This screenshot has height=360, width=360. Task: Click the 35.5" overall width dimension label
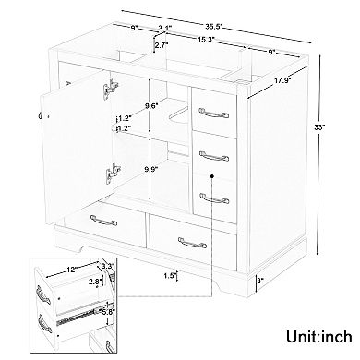click(x=214, y=27)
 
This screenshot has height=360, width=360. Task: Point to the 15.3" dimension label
click(x=206, y=40)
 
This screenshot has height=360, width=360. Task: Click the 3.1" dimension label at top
click(x=164, y=28)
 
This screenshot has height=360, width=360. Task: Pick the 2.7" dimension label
click(x=162, y=45)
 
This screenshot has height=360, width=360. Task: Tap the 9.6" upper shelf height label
click(x=151, y=105)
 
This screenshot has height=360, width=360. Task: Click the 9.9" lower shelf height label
click(x=151, y=168)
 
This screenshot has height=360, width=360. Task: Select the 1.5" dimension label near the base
click(x=170, y=276)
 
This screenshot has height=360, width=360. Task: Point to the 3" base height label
click(x=260, y=281)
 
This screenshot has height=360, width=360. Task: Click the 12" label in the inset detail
click(x=71, y=270)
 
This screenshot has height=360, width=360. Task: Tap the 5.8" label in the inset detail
click(x=108, y=311)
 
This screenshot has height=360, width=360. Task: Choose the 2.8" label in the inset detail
click(x=94, y=282)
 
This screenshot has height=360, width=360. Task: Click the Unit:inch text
click(x=319, y=336)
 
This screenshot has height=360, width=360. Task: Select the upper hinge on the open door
click(x=111, y=89)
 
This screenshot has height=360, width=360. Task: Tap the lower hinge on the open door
click(x=113, y=174)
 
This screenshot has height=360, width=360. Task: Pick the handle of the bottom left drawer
click(x=103, y=221)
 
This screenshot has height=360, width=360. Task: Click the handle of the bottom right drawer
click(x=192, y=243)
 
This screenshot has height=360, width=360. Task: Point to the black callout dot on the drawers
click(x=212, y=176)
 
